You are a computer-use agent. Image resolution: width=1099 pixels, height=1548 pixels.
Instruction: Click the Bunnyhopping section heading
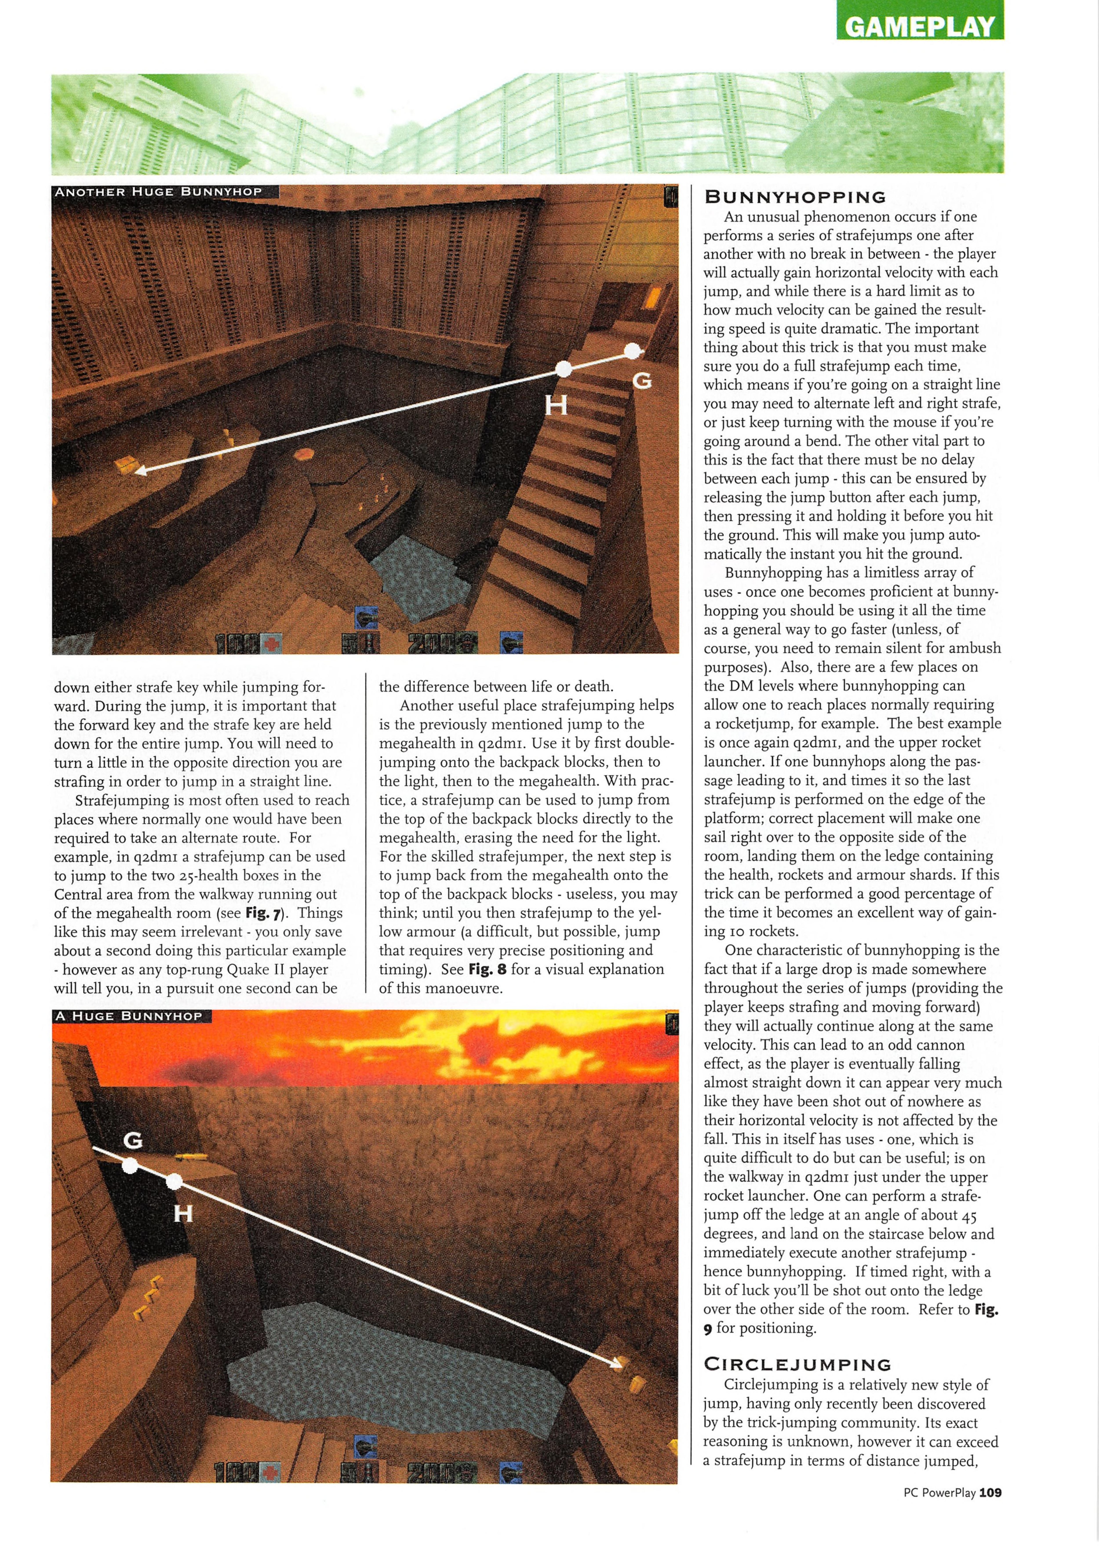[795, 197]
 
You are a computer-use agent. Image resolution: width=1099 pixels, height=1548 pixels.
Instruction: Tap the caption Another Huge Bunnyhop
[158, 192]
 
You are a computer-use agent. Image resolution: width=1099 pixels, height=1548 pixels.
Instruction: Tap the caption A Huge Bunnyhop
[129, 1016]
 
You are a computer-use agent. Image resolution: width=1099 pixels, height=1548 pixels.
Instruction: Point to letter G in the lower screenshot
[133, 1141]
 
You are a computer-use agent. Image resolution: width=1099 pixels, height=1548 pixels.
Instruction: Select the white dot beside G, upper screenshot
[632, 351]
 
